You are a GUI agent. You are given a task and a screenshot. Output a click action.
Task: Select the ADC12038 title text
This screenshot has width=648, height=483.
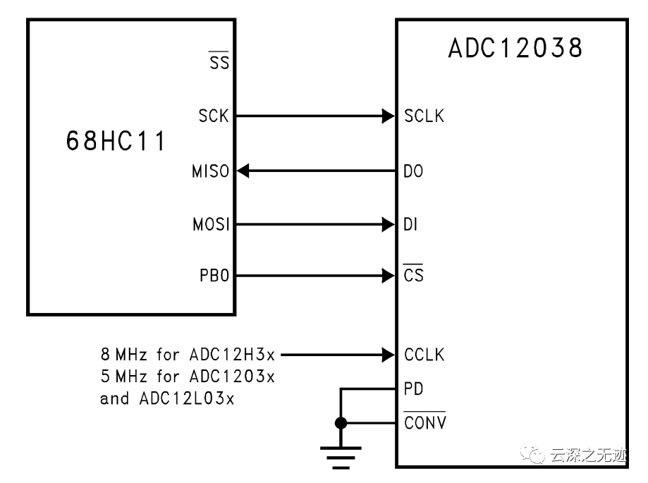515,49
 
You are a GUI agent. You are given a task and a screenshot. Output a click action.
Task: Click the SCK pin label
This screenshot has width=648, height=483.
214,116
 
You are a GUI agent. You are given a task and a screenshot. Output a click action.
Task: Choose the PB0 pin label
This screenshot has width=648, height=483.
214,274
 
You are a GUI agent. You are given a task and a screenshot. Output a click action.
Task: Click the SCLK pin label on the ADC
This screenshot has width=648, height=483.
424,116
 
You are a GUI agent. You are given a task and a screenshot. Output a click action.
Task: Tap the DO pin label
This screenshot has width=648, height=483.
414,171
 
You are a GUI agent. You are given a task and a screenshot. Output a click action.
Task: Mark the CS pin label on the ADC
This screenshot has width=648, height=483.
414,275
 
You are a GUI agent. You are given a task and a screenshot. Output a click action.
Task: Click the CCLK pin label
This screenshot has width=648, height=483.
424,355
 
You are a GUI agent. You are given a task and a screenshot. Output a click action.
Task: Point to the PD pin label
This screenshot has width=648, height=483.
414,389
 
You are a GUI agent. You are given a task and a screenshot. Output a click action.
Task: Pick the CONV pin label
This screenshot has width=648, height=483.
424,423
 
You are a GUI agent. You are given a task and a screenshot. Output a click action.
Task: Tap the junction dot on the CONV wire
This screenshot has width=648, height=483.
341,423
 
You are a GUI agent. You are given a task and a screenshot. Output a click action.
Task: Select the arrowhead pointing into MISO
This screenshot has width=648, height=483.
243,171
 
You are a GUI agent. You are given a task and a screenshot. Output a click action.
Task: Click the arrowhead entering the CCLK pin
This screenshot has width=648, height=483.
388,355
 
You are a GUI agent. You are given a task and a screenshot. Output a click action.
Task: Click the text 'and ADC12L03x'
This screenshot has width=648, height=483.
167,398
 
